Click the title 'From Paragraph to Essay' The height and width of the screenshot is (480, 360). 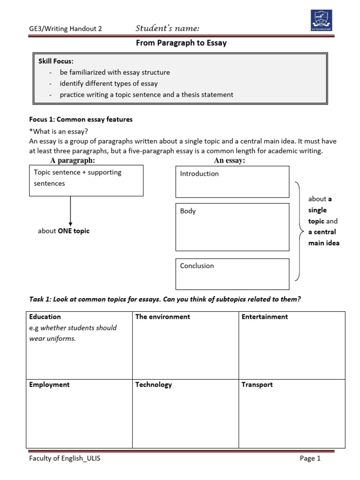coord(181,43)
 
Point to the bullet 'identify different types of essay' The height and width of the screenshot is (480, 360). coord(109,83)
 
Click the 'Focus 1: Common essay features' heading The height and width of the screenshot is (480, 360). coord(81,120)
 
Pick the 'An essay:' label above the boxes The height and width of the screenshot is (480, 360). coord(230,161)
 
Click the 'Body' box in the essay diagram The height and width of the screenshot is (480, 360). coord(232,227)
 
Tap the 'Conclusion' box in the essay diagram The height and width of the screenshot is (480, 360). coord(232,274)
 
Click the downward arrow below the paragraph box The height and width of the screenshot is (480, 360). coord(70,211)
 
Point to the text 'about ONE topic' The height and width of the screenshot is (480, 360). coord(64,231)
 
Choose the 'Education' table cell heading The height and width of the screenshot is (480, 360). coord(45,317)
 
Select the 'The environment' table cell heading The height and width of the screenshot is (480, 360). coord(163,317)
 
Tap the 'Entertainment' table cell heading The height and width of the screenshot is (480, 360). coord(265,317)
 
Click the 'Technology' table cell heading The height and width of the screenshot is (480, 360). coord(154,385)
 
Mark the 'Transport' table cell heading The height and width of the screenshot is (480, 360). coord(257,385)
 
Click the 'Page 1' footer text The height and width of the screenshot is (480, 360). coord(310,459)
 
